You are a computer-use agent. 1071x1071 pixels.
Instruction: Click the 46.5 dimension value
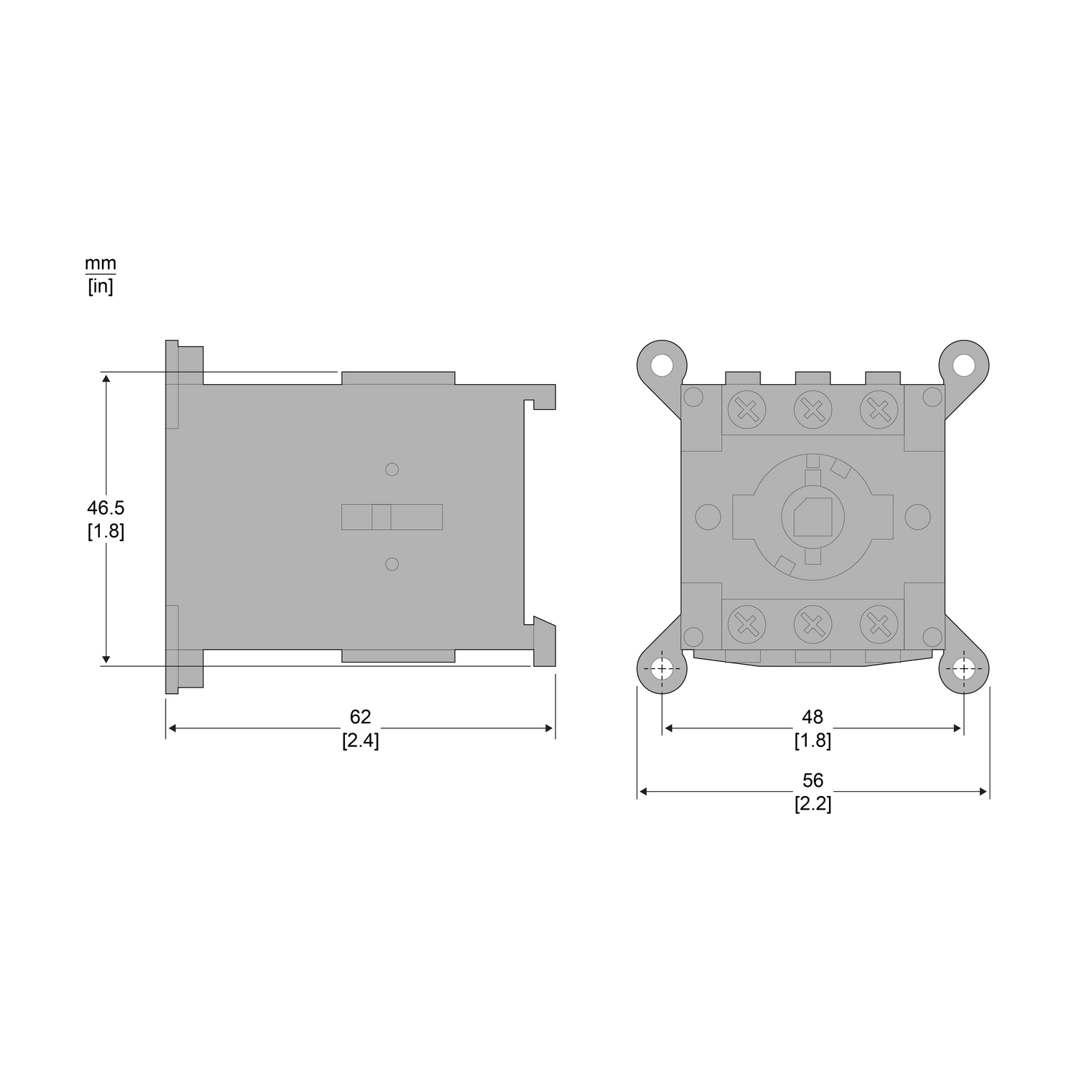(x=106, y=508)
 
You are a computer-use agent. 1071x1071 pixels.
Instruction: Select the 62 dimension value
(x=361, y=717)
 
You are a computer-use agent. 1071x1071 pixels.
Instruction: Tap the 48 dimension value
(x=813, y=717)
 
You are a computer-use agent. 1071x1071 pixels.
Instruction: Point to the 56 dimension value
(x=813, y=780)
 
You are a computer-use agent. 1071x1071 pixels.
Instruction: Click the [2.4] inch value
(x=361, y=740)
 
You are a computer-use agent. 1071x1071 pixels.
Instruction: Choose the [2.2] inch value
(x=813, y=804)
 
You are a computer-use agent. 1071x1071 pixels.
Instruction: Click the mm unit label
(x=101, y=263)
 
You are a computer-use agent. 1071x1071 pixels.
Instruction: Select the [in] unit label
(x=101, y=287)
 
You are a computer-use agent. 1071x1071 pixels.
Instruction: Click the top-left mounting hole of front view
(x=662, y=365)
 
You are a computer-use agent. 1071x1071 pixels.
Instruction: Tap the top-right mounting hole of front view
(x=964, y=365)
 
